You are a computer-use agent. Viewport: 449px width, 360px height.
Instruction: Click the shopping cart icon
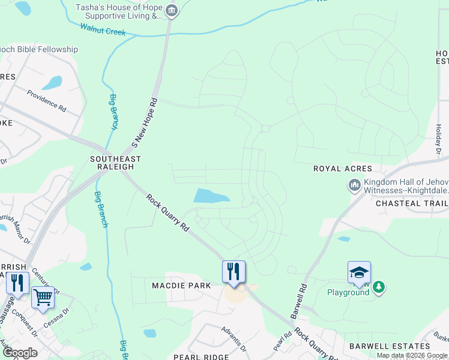pos(43,297)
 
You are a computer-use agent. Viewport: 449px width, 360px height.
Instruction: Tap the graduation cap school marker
pos(359,272)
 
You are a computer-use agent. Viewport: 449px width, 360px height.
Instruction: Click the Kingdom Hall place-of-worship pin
pos(354,185)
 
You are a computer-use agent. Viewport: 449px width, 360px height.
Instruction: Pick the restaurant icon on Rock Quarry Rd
pos(234,271)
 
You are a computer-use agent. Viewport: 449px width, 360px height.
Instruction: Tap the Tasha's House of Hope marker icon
pos(171,10)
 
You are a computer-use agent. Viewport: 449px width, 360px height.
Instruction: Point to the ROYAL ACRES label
pos(343,169)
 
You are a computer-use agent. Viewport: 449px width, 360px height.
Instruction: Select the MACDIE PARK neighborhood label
pos(181,286)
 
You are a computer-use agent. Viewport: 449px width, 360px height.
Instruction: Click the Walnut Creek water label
pos(103,28)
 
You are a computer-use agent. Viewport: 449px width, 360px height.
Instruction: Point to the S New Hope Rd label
pos(144,123)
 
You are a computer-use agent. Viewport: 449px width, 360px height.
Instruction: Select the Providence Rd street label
pos(46,100)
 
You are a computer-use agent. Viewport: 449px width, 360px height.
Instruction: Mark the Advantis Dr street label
pos(234,339)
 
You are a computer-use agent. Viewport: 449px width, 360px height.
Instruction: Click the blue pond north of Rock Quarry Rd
pos(211,196)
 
